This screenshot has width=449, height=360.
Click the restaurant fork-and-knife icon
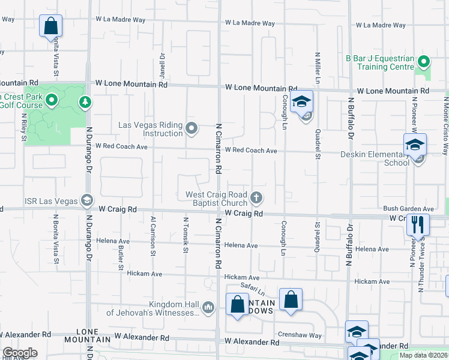pos(418,225)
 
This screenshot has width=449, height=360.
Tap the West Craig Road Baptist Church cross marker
pos(256,197)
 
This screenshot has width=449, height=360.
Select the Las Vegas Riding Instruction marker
pos(192,127)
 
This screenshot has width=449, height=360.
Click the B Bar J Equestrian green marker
pos(424,61)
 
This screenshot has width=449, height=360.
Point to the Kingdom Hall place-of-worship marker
pos(208,307)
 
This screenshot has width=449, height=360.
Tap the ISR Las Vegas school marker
pos(86,200)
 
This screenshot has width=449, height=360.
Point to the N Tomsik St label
pos(185,235)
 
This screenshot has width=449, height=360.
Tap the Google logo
pos(19,353)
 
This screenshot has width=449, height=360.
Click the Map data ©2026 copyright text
pos(423,355)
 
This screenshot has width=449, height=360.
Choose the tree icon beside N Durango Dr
pos(86,101)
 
